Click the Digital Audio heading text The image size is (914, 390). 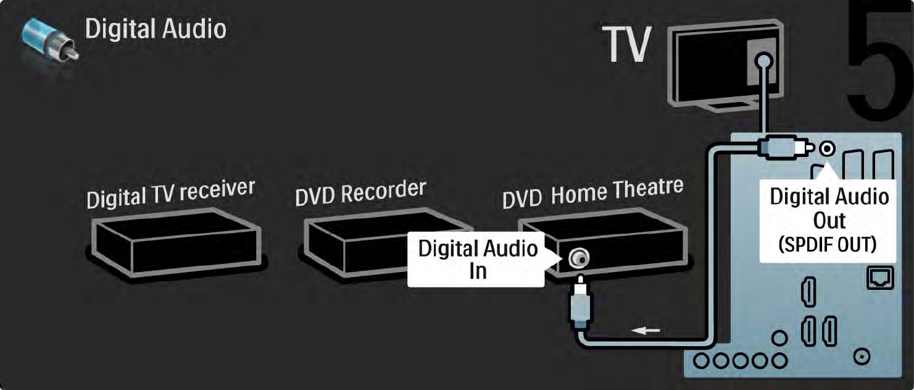click(156, 29)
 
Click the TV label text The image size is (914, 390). click(627, 45)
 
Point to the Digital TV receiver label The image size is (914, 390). click(170, 193)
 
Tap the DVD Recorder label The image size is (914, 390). click(360, 191)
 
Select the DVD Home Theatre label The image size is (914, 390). click(592, 192)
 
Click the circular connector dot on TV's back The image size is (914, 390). click(764, 61)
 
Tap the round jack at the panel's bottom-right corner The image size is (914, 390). click(862, 356)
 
